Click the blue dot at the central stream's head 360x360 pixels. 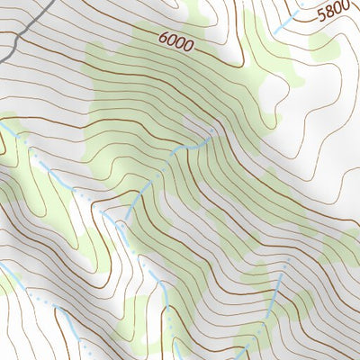coord(212,130)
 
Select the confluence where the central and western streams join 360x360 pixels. coord(112,215)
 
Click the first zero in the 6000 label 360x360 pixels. coord(171,40)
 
